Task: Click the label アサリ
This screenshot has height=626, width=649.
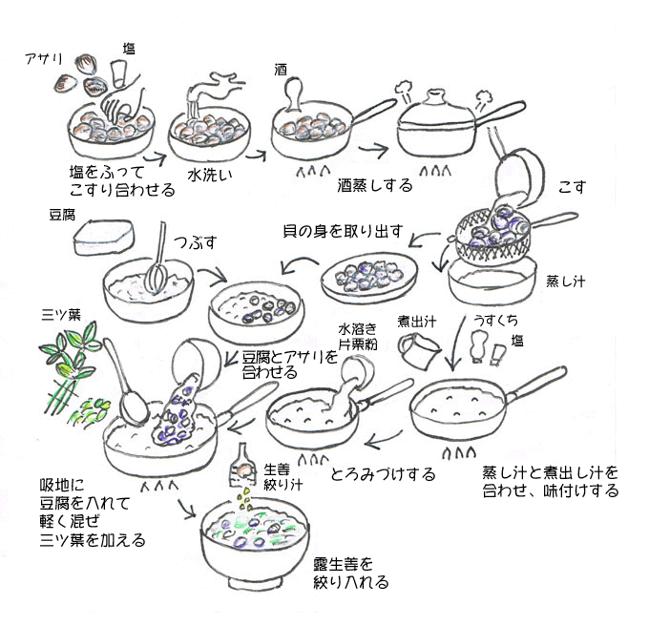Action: pyautogui.click(x=43, y=59)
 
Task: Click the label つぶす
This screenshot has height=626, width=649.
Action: pyautogui.click(x=189, y=235)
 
